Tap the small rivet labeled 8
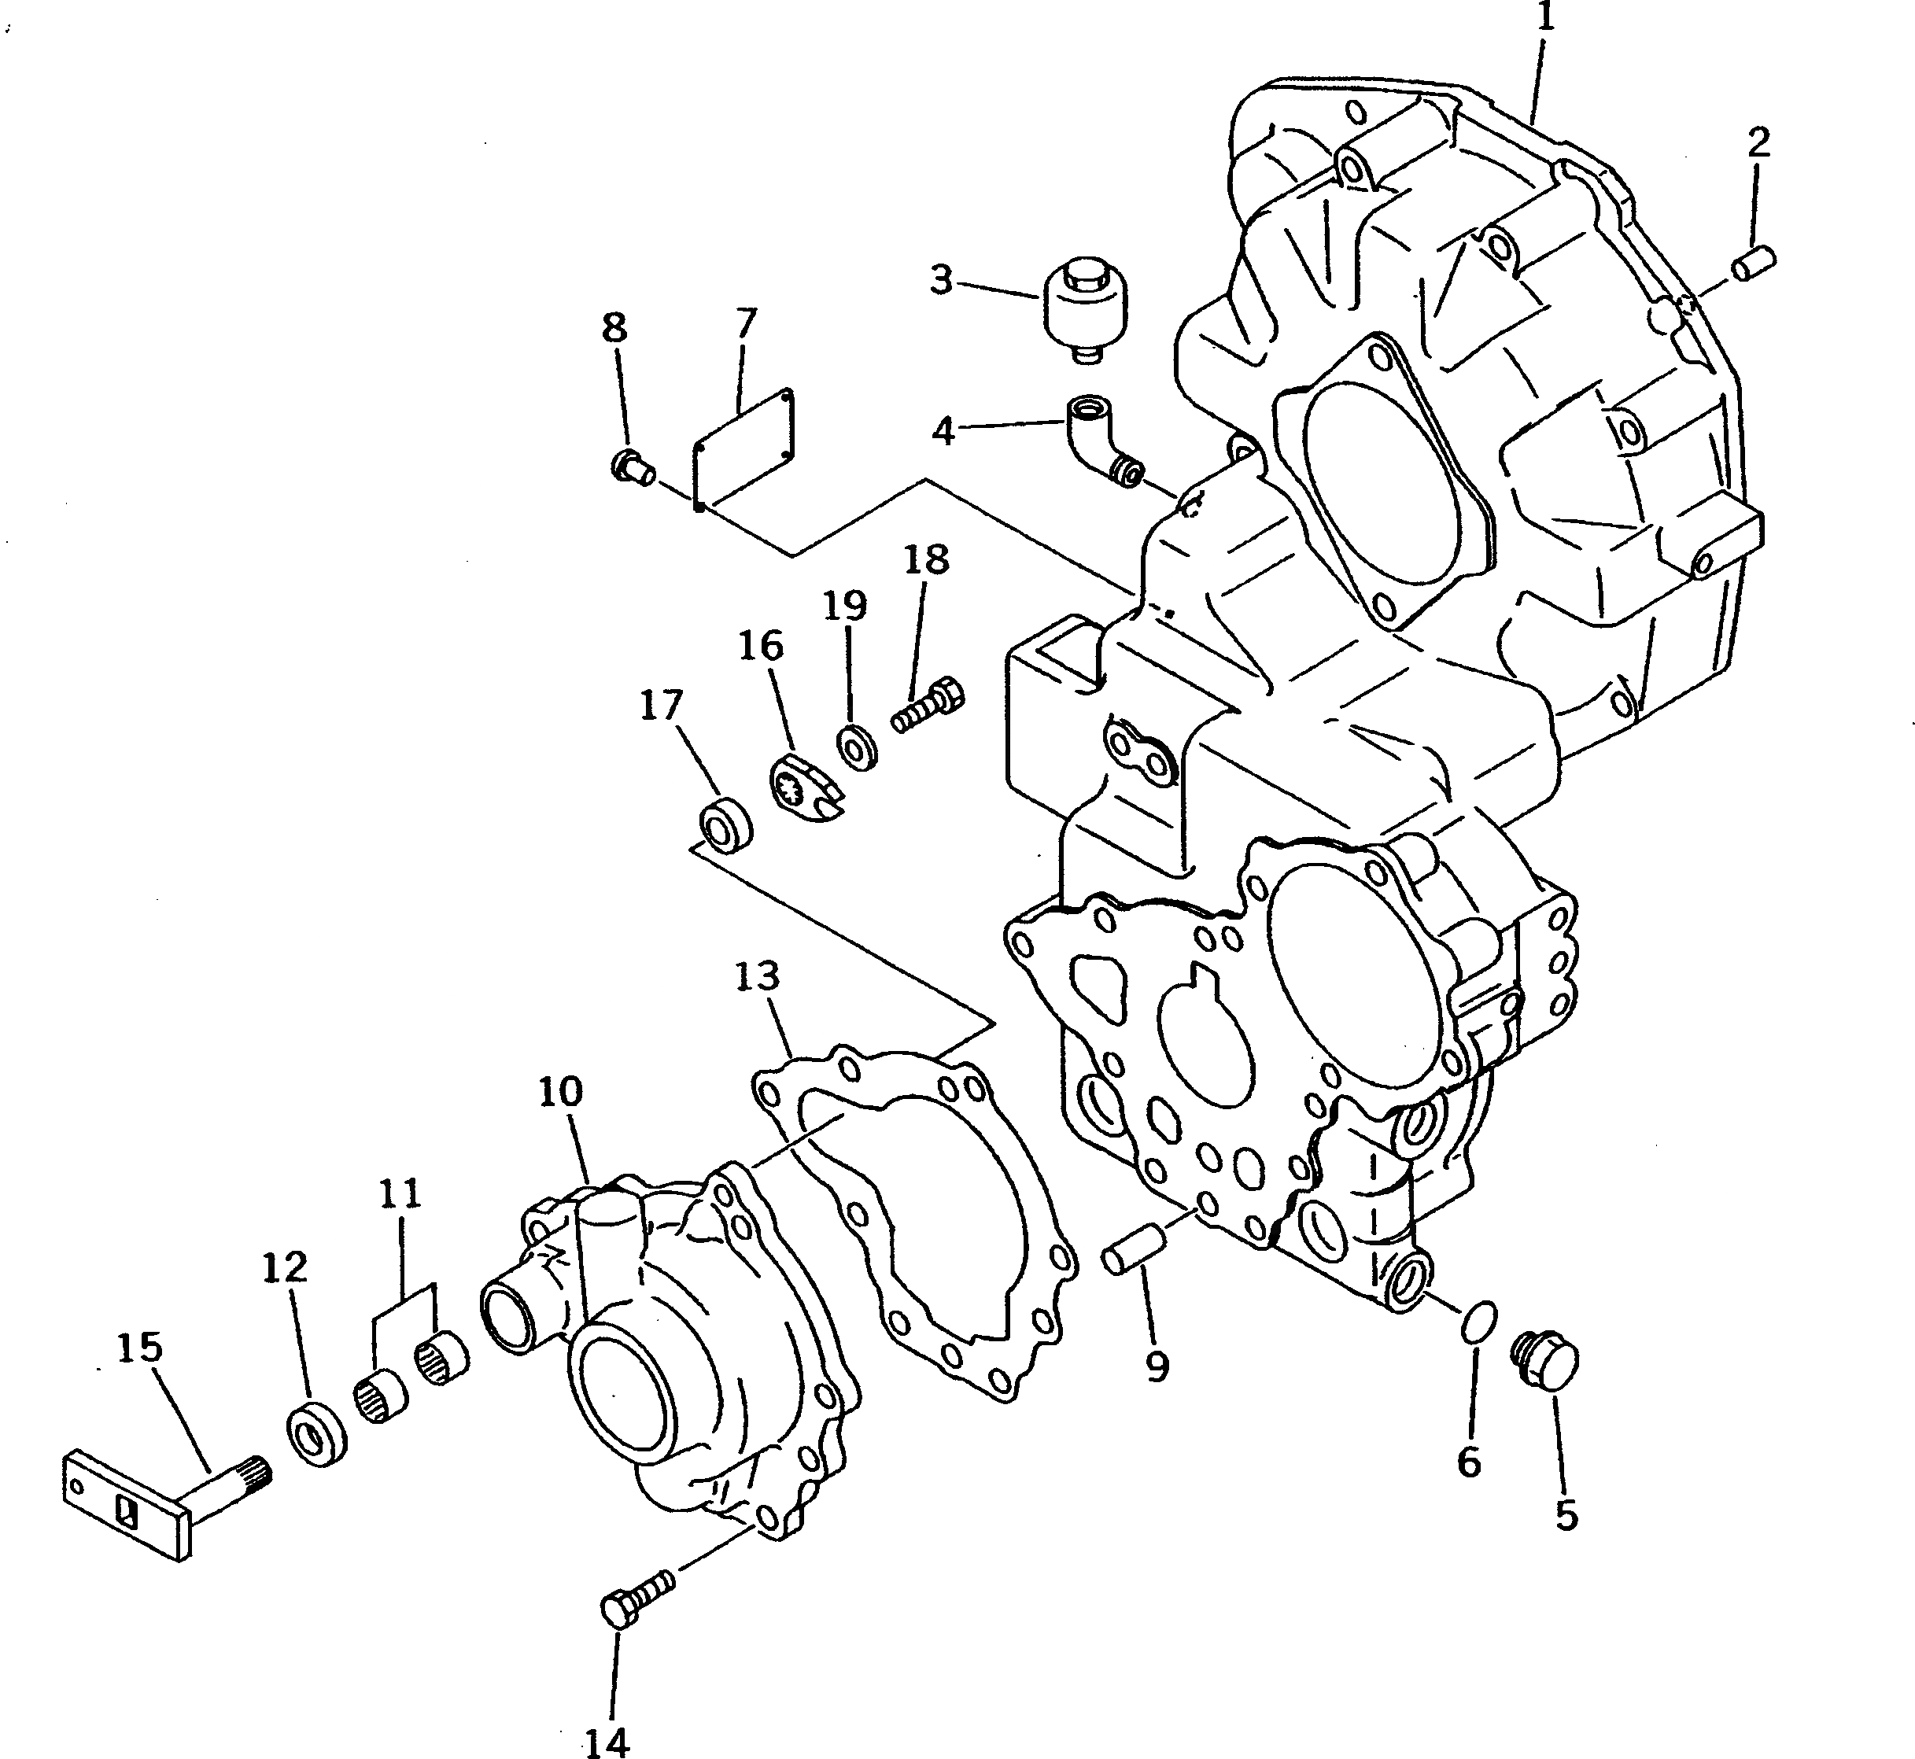pyautogui.click(x=631, y=466)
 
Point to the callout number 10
pyautogui.click(x=561, y=1092)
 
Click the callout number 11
pyautogui.click(x=400, y=1193)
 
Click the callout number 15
pyautogui.click(x=140, y=1347)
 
